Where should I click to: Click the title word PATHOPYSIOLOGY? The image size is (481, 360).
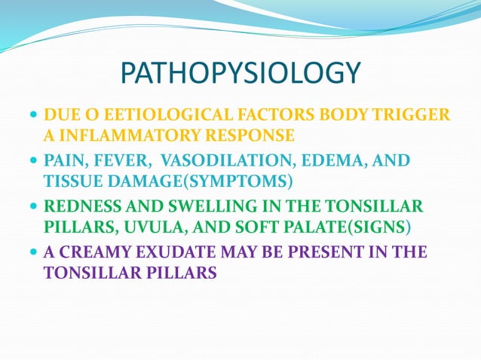pyautogui.click(x=240, y=74)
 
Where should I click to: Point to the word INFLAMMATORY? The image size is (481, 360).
pyautogui.click(x=119, y=136)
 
